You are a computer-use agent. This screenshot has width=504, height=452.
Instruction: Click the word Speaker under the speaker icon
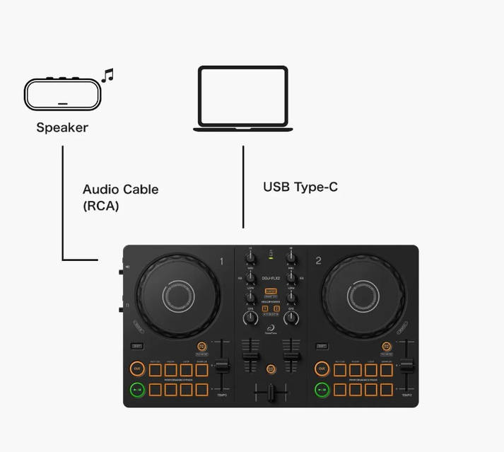[x=62, y=127]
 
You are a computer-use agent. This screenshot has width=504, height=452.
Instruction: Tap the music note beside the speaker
[x=107, y=75]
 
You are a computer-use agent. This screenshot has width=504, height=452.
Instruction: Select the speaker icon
[x=62, y=93]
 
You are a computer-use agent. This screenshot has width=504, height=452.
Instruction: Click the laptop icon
[x=243, y=98]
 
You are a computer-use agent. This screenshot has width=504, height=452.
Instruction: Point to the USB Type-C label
[x=300, y=187]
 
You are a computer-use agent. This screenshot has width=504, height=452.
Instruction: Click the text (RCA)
[x=100, y=206]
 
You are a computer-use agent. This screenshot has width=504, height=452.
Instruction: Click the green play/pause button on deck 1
[x=136, y=389]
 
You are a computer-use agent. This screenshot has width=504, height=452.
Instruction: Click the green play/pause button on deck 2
[x=322, y=389]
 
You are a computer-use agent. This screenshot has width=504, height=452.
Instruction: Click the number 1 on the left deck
[x=221, y=261]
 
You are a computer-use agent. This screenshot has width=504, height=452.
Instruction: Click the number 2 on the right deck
[x=318, y=261]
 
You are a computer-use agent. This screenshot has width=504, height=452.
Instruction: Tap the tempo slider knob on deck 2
[x=407, y=366]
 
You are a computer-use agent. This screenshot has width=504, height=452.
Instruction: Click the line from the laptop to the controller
[x=243, y=187]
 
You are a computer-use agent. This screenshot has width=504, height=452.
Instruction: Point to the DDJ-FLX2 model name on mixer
[x=271, y=278]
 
